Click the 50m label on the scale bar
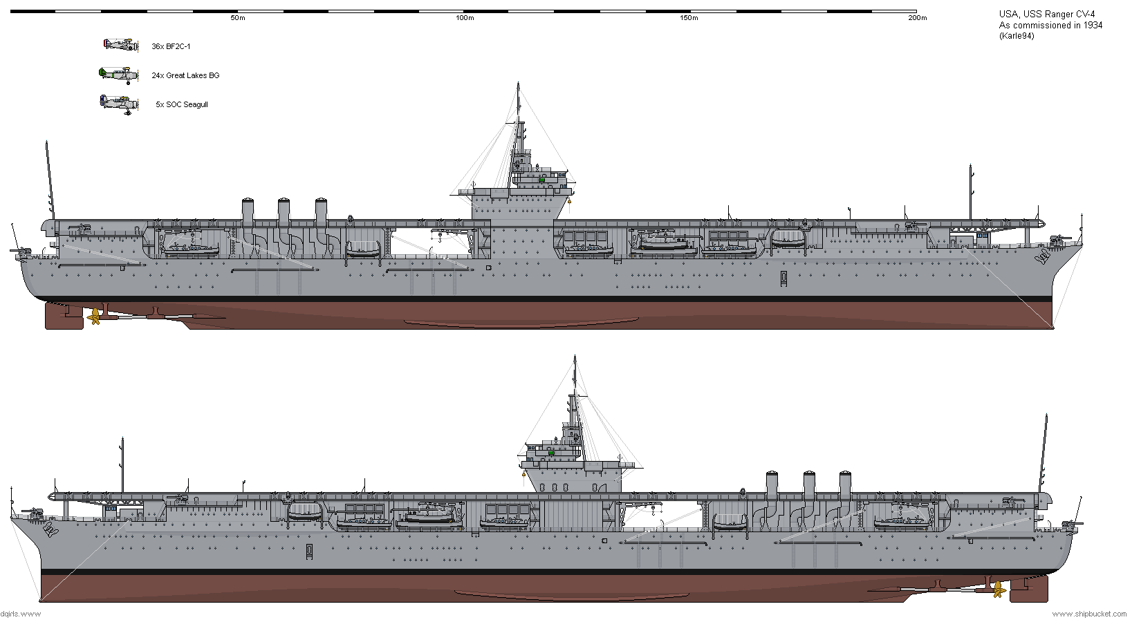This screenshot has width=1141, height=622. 237,18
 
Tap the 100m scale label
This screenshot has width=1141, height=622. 465,18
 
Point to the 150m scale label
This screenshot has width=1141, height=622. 689,18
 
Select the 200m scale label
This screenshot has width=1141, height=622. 918,18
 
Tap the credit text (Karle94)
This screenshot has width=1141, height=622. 1017,36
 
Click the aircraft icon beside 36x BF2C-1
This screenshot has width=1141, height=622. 121,45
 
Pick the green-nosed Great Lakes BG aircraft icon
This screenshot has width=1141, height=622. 119,75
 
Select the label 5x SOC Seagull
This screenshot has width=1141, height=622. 182,105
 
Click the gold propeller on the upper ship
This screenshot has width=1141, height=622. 94,317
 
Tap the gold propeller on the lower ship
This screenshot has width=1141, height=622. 999,590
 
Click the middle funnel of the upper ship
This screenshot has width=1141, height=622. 284,213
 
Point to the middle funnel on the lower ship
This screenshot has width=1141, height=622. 809,485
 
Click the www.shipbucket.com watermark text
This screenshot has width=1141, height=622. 1089,614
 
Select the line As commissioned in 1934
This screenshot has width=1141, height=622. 1050,26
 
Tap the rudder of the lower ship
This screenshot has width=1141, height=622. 1028,590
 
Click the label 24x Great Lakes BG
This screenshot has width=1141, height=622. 185,75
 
